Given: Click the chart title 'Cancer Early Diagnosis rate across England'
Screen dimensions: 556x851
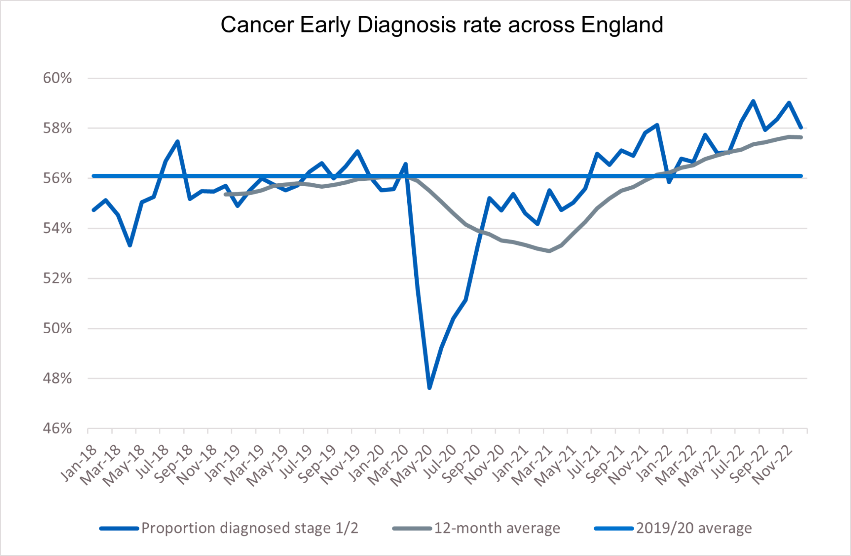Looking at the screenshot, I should pyautogui.click(x=441, y=25).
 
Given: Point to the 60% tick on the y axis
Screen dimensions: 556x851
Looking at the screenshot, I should pyautogui.click(x=57, y=78).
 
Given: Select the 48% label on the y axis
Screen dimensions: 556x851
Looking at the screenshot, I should pyautogui.click(x=57, y=379).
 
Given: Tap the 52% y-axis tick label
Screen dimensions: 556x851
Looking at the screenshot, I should pyautogui.click(x=57, y=278).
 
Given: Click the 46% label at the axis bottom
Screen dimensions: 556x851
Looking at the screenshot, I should pyautogui.click(x=57, y=428).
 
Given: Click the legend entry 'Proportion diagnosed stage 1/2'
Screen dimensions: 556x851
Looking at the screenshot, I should pyautogui.click(x=249, y=528).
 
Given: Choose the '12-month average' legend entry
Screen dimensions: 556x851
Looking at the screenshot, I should pyautogui.click(x=497, y=528).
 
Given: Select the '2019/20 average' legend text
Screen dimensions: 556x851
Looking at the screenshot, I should pyautogui.click(x=694, y=528).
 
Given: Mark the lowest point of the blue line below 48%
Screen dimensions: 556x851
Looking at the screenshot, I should pyautogui.click(x=429, y=388).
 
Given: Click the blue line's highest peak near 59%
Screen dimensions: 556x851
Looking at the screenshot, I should pyautogui.click(x=753, y=101).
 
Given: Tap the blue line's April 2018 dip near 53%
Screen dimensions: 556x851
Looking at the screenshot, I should pyautogui.click(x=130, y=245).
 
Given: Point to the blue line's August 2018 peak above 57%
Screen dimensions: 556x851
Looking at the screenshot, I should pyautogui.click(x=177, y=141).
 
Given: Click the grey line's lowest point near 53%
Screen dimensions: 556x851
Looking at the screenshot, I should pyautogui.click(x=549, y=251).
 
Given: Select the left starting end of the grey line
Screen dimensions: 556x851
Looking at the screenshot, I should pyautogui.click(x=225, y=194).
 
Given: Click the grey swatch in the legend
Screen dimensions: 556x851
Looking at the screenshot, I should pyautogui.click(x=411, y=529).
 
